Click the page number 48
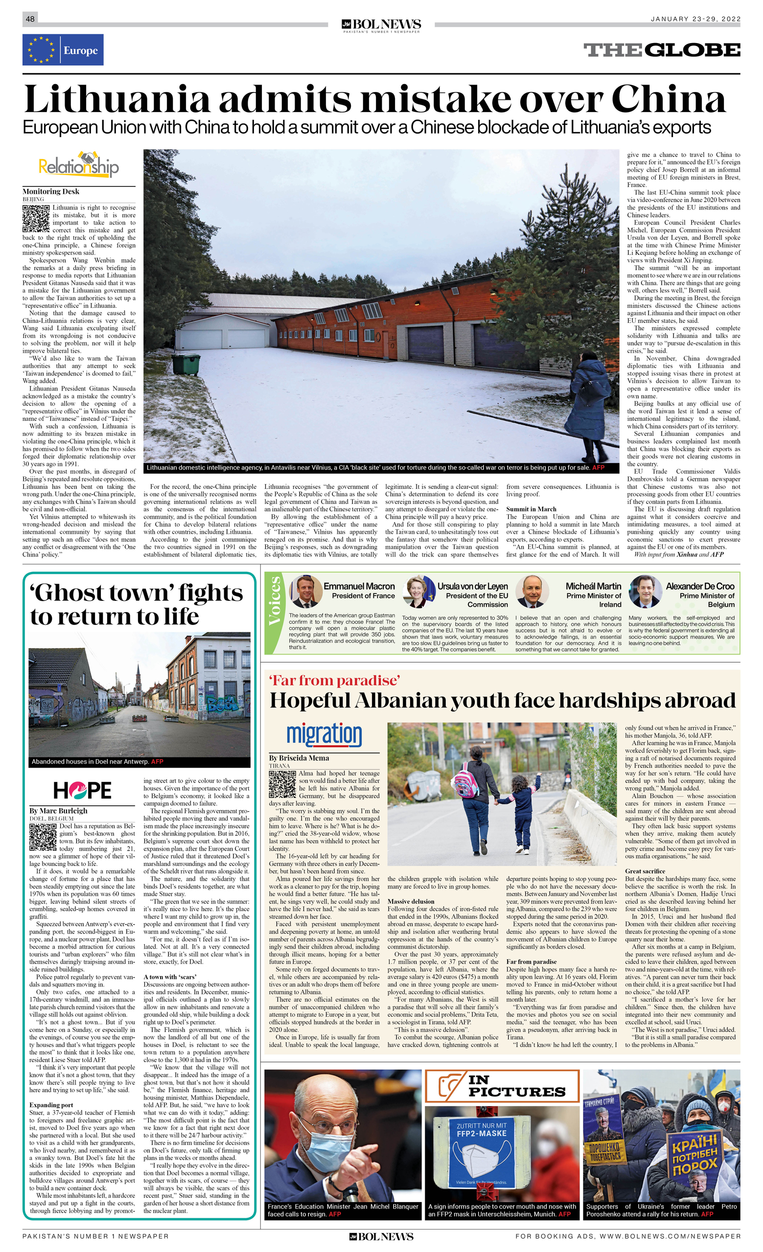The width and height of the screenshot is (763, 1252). pos(30,19)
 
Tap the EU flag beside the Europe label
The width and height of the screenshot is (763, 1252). pos(41,50)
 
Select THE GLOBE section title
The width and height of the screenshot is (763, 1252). pos(661,50)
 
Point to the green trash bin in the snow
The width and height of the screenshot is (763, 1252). pos(185,364)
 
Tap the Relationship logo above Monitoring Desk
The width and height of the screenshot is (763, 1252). pos(79,165)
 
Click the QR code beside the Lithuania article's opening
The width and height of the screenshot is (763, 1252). pos(36,219)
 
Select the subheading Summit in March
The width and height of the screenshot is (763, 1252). pos(531,509)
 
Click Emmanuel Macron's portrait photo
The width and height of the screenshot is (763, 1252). pos(306,591)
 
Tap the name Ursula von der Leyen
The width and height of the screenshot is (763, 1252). pos(472,586)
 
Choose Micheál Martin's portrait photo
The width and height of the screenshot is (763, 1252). pos(532,591)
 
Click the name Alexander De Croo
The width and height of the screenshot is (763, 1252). pos(700,586)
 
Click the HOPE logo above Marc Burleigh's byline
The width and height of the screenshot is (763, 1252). pos(82,790)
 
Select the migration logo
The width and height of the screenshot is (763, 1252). pos(324,734)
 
